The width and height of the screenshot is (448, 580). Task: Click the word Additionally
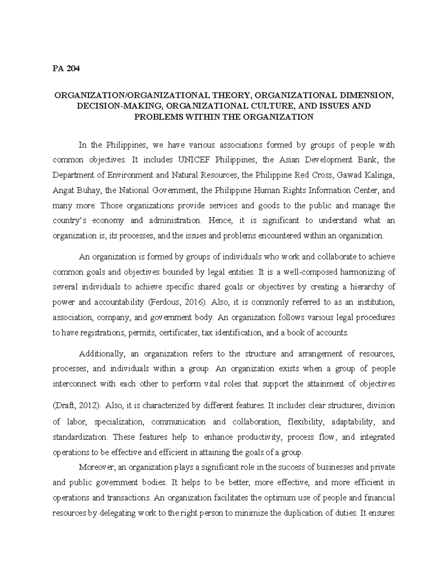pyautogui.click(x=99, y=354)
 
